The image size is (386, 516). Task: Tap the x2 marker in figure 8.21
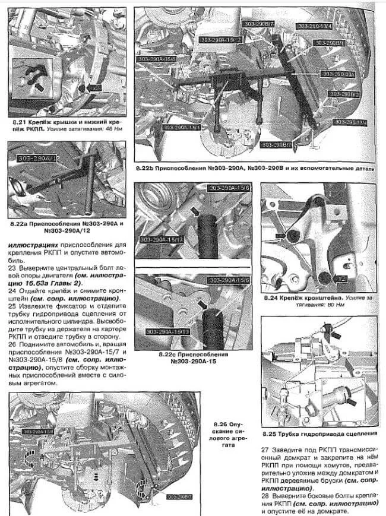(96, 87)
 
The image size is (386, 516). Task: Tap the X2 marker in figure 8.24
(340, 277)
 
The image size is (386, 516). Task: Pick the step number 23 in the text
(12, 268)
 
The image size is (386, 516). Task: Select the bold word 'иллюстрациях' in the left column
(33, 243)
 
